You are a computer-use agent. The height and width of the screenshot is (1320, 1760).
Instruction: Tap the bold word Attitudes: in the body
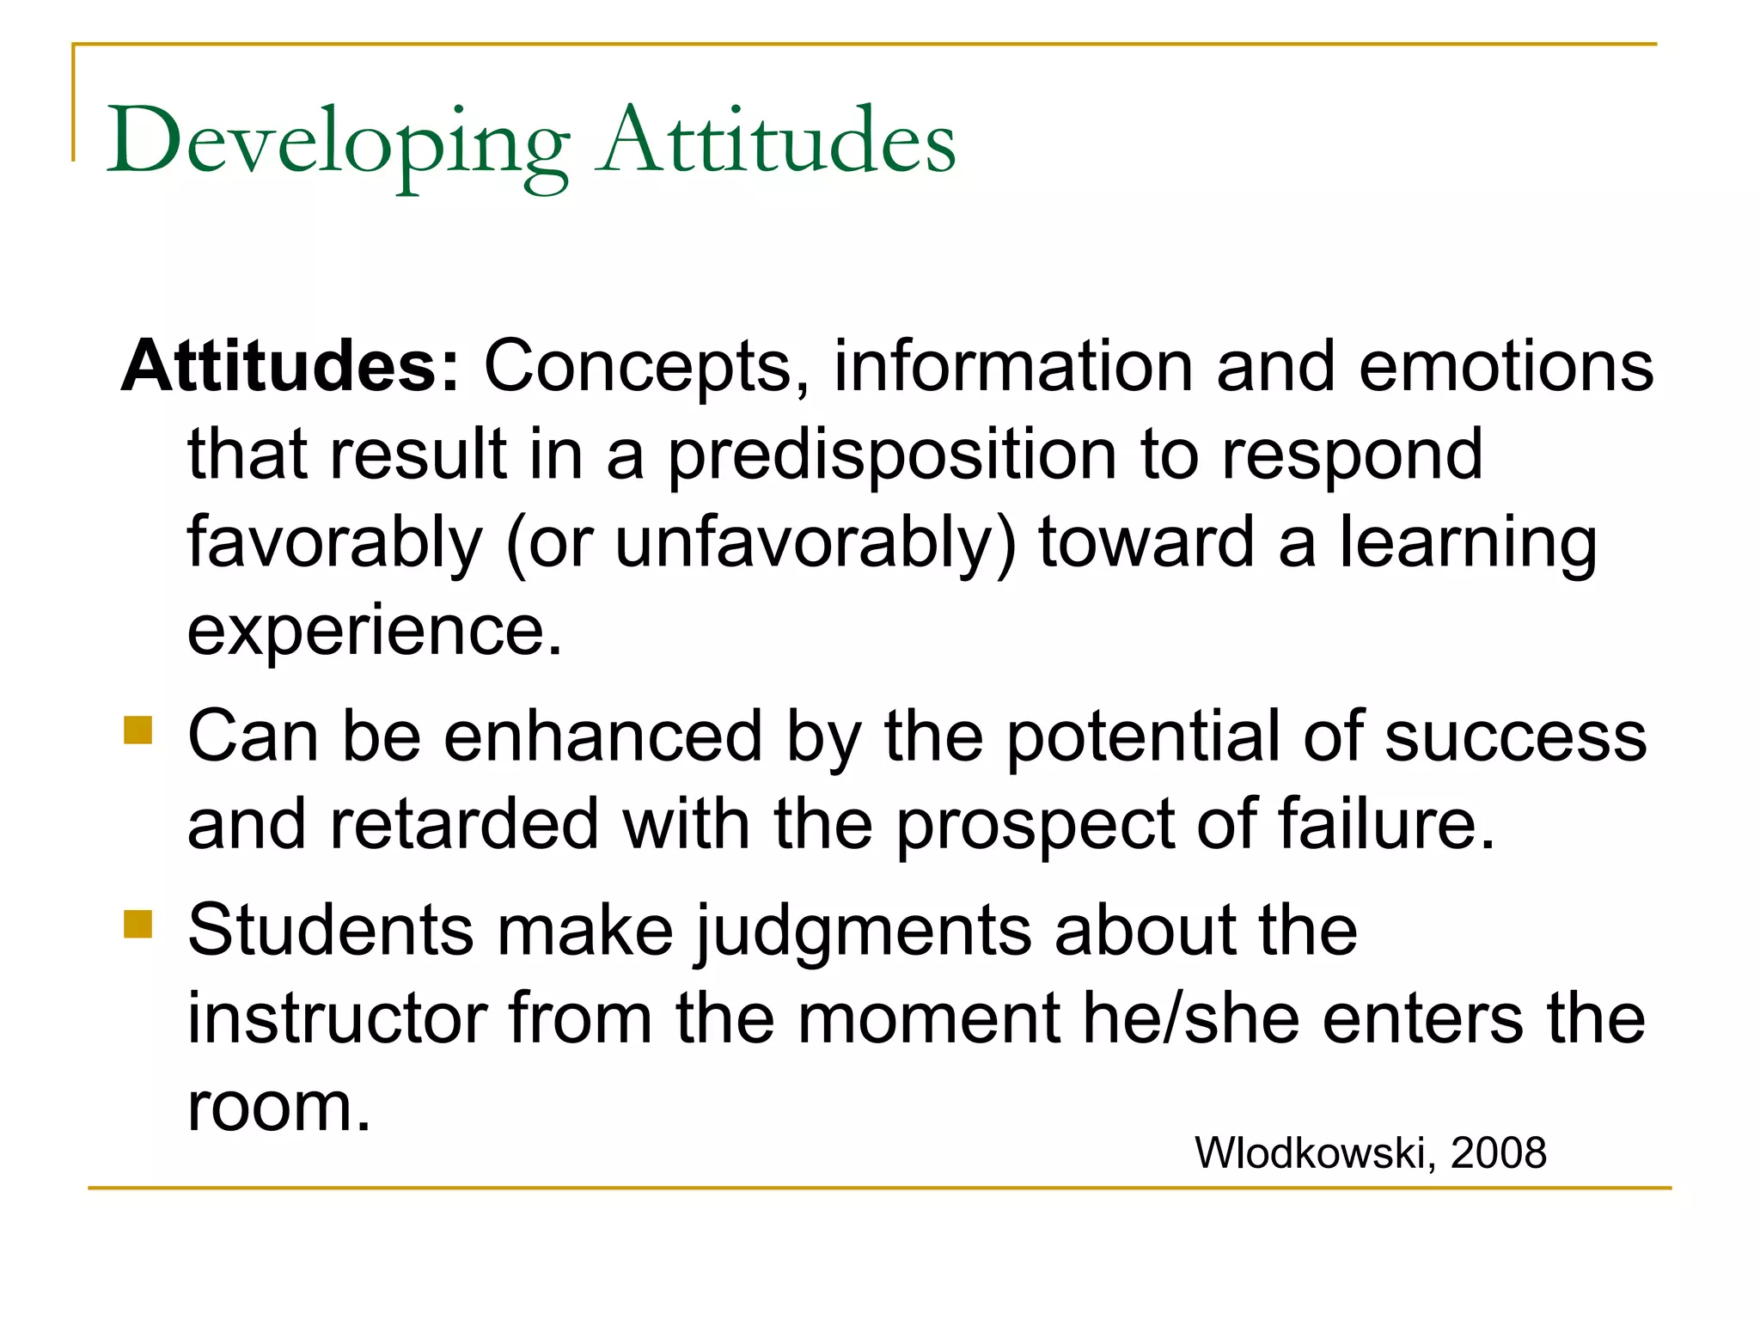click(x=290, y=366)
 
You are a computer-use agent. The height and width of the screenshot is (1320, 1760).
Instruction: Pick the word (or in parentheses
click(x=549, y=544)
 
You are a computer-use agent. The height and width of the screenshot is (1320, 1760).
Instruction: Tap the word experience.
click(x=375, y=631)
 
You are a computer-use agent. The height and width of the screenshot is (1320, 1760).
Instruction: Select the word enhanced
click(x=602, y=736)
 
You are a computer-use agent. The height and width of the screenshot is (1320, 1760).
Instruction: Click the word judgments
click(x=864, y=933)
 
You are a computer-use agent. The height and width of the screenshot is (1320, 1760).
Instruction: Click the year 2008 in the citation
click(x=1499, y=1152)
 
